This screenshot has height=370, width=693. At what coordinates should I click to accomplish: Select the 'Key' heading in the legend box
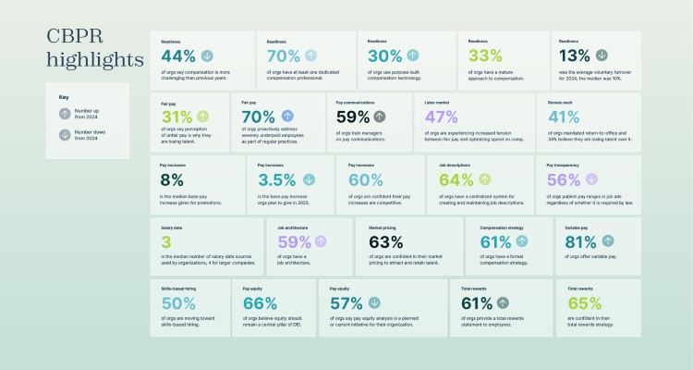point(64,96)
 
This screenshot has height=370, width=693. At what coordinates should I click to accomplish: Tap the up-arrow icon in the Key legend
point(64,114)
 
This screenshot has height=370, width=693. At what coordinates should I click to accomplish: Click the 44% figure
point(177,55)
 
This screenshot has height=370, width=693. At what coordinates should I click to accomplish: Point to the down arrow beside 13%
point(602,55)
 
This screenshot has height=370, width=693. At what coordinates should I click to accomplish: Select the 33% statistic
point(485,55)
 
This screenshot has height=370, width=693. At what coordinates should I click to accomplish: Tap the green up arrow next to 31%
point(202,117)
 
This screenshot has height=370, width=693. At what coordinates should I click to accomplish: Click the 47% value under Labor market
point(441,117)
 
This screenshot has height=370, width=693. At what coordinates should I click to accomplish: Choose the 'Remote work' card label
point(561,102)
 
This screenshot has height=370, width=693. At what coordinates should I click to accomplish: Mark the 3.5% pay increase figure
point(276,179)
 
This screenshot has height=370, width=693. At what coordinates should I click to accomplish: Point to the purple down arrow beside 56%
point(592,179)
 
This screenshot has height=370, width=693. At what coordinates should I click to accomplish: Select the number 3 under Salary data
point(166,241)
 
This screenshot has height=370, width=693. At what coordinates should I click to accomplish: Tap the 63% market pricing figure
point(385,241)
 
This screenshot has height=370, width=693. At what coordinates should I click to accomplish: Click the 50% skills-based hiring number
point(177,302)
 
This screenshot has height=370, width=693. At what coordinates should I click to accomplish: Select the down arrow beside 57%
point(373,302)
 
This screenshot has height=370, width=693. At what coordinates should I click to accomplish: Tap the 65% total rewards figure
point(584,302)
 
